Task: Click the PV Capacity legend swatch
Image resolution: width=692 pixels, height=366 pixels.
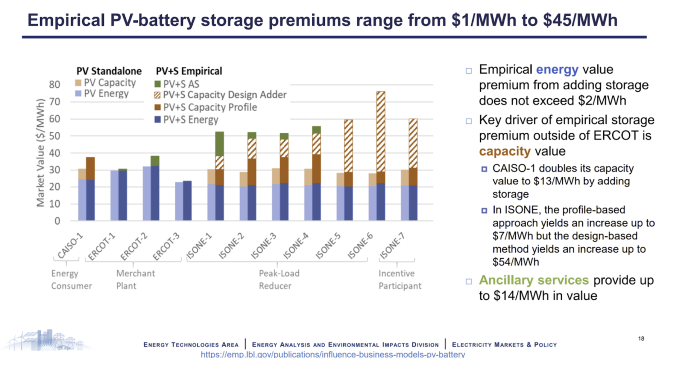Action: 78,83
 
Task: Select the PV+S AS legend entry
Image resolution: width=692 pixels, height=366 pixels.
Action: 177,84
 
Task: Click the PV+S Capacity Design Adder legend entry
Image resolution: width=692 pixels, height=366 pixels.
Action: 220,95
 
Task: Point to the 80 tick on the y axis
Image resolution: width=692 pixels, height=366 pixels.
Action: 55,85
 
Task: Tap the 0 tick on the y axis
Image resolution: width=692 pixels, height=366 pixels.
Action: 57,221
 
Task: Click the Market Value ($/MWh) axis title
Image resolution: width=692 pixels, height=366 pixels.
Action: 41,153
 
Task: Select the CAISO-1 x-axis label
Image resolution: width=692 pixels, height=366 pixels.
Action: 70,246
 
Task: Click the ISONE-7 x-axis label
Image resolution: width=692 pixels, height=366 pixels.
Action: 392,247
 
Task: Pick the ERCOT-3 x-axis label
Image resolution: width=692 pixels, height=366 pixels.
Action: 166,247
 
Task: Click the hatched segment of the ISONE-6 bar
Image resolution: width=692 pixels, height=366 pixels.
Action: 381,131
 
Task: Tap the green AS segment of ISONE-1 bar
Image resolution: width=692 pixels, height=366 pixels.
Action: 219,144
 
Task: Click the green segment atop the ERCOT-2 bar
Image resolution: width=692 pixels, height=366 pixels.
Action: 155,161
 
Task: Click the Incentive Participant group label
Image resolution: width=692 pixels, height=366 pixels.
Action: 399,280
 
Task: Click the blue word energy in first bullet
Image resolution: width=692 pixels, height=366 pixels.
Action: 557,70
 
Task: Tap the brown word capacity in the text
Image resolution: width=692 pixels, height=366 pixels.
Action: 498,151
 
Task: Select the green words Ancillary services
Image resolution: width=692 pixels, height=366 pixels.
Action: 533,280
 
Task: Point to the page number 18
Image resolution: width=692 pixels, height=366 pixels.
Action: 641,339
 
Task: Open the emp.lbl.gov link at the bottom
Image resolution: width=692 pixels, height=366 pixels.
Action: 332,355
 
